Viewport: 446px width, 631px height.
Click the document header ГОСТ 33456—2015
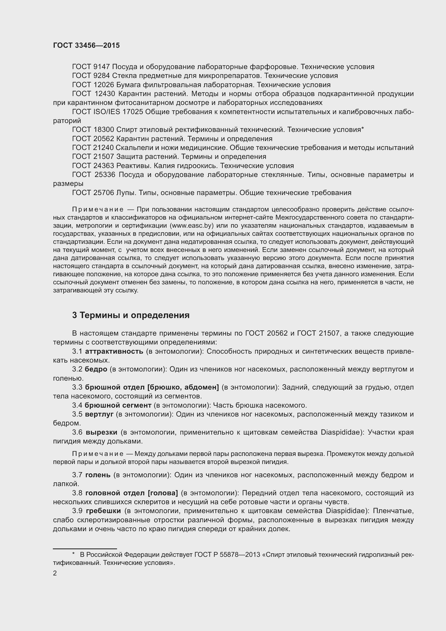pyautogui.click(x=86, y=45)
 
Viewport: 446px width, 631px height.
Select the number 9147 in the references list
pyautogui.click(x=102, y=67)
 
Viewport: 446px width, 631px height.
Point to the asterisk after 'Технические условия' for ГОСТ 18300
pyautogui.click(x=362, y=129)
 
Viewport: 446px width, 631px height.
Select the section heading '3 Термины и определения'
pyautogui.click(x=131, y=315)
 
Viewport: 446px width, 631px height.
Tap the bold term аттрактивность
pyautogui.click(x=114, y=351)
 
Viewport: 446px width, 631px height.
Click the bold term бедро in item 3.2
pyautogui.click(x=96, y=369)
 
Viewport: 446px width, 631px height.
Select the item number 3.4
pyautogui.click(x=77, y=405)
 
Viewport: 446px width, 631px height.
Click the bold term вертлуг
pyautogui.click(x=99, y=414)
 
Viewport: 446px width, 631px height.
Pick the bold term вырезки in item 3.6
pyautogui.click(x=102, y=432)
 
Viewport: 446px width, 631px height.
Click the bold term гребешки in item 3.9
pyautogui.click(x=103, y=511)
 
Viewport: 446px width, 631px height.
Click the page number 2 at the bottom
pyautogui.click(x=55, y=573)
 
